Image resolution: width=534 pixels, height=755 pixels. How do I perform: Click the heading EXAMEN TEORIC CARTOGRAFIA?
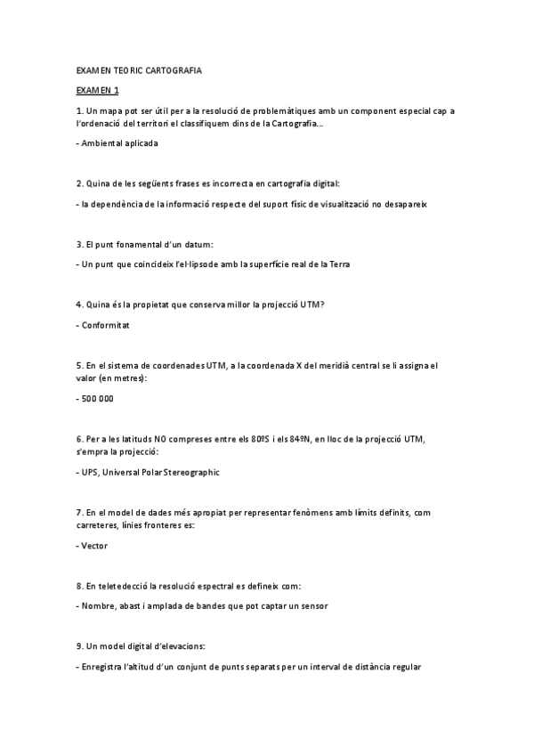(x=139, y=69)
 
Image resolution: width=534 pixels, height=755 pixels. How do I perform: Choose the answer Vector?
(x=94, y=545)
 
